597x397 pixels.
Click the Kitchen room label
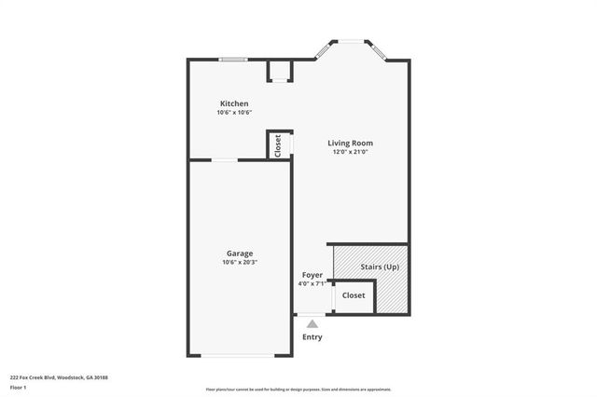tap(234, 103)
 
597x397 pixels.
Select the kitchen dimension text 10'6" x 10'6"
tap(234, 113)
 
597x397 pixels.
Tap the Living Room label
tap(351, 143)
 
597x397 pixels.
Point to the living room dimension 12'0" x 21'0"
tap(351, 152)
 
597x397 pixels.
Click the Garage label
tap(240, 253)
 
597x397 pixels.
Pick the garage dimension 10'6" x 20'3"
tap(240, 263)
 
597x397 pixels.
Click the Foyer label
tap(312, 275)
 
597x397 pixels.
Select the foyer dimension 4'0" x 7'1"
tap(312, 284)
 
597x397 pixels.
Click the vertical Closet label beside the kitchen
tap(278, 145)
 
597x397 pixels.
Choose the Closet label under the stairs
tap(354, 295)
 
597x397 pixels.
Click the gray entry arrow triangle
tap(312, 324)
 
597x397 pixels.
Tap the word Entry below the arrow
tap(312, 336)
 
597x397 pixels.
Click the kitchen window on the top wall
tap(233, 61)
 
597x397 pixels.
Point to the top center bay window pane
tap(351, 40)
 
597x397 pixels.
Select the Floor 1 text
tap(19, 387)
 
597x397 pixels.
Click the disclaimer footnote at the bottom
tap(298, 390)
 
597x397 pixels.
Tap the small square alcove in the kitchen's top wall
tap(279, 71)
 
